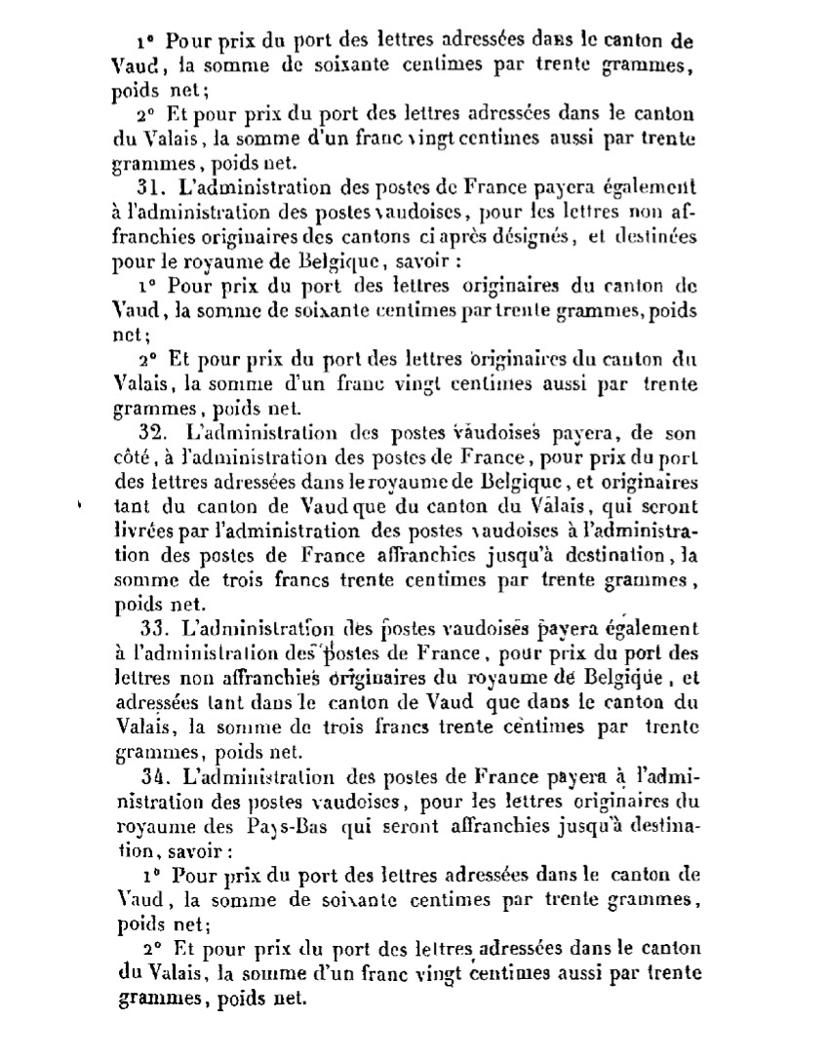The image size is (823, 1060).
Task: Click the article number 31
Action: pos(154,187)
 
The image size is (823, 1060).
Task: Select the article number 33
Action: pos(154,629)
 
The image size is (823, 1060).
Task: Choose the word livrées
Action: pos(149,530)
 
